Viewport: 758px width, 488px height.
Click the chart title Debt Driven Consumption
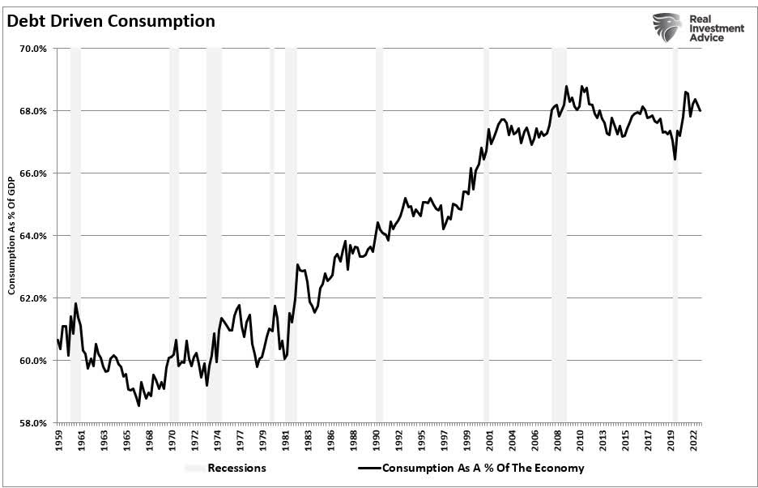tap(111, 21)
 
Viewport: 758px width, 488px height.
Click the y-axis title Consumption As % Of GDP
tap(12, 235)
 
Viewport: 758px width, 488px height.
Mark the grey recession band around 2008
tap(559, 235)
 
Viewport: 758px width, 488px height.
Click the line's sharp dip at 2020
tap(675, 160)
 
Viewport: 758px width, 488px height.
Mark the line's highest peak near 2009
tap(567, 86)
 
